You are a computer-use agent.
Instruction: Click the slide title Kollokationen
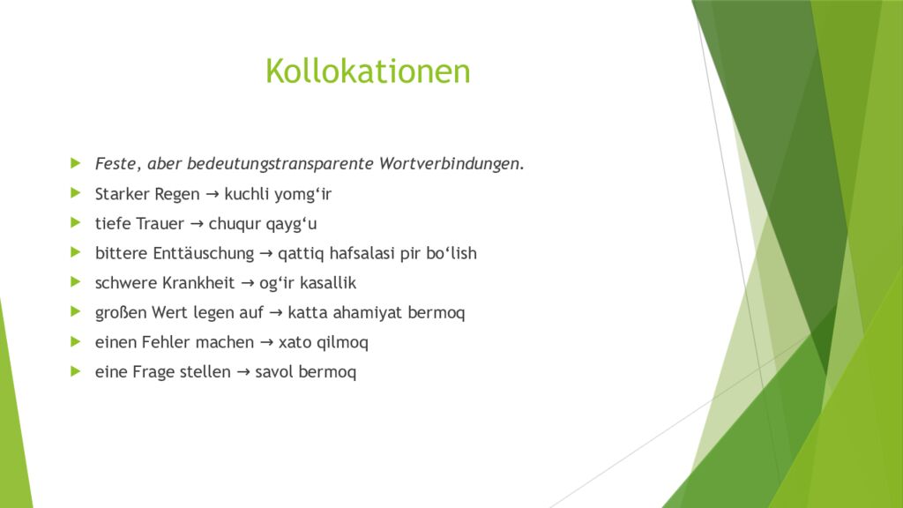tap(368, 71)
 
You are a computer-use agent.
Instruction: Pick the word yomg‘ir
tap(302, 194)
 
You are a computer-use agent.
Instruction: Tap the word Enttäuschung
tap(201, 254)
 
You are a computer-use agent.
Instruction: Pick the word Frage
tap(153, 372)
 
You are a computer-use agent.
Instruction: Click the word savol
tap(274, 372)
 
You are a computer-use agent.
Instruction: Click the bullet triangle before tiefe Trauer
tap(76, 223)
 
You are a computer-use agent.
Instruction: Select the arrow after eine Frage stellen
tap(243, 372)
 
